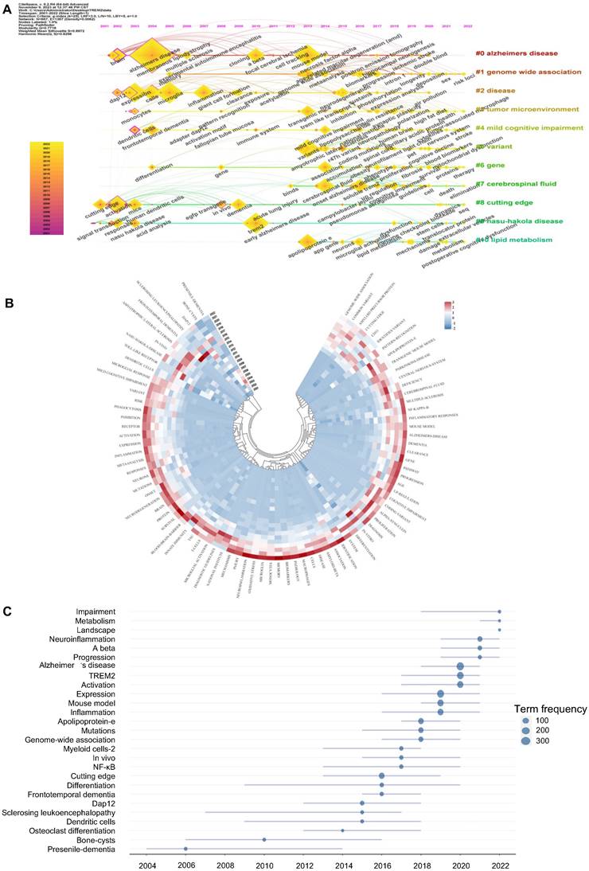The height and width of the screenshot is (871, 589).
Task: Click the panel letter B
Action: (10, 303)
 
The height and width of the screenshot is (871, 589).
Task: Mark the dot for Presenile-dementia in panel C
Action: (186, 849)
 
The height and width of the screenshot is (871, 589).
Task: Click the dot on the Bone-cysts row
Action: (264, 839)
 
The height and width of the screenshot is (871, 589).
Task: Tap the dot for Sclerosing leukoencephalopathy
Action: (362, 812)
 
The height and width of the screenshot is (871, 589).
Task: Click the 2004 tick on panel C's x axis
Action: (147, 865)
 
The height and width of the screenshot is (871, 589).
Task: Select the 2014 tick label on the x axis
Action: (343, 865)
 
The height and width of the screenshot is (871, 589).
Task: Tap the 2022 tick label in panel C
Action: (499, 865)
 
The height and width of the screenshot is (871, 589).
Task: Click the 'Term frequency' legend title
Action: (549, 709)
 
